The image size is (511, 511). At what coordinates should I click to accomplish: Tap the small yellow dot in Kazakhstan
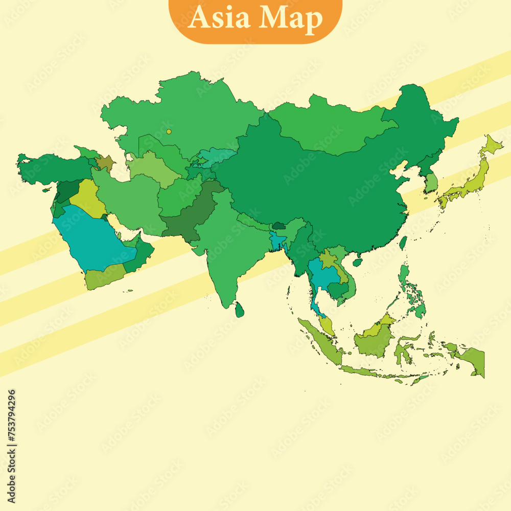pyautogui.click(x=169, y=131)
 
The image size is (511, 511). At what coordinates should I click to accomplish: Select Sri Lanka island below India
pyautogui.click(x=239, y=309)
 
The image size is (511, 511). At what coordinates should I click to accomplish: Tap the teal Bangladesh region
pyautogui.click(x=278, y=241)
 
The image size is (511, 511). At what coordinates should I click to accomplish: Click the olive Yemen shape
pyautogui.click(x=105, y=277)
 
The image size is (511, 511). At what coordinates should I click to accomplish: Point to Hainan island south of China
pyautogui.click(x=358, y=262)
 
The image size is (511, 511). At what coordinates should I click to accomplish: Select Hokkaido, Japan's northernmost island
pyautogui.click(x=493, y=146)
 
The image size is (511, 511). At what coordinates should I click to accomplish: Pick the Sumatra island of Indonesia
pyautogui.click(x=319, y=340)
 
